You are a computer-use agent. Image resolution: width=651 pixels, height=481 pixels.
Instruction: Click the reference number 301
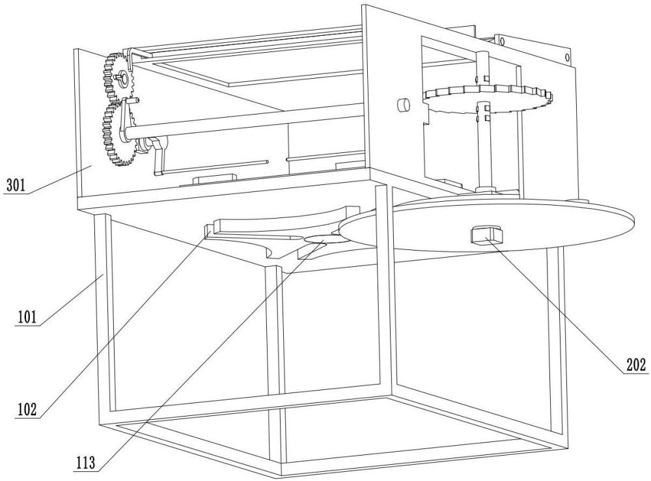click(14, 185)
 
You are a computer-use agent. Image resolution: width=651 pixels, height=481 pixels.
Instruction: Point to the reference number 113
click(85, 463)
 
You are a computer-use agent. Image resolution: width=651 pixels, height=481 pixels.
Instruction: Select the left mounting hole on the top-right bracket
click(503, 42)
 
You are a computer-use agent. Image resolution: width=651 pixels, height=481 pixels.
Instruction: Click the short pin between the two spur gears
click(137, 100)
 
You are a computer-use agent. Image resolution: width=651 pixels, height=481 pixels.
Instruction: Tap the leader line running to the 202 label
click(560, 303)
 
